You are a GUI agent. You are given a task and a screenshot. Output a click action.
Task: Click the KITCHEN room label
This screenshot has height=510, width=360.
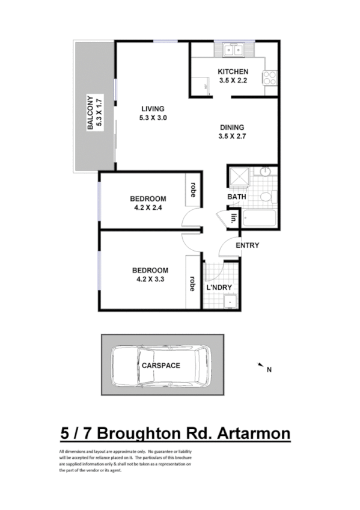[x=233, y=72]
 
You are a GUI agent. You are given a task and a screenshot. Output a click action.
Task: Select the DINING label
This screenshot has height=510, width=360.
[x=232, y=127]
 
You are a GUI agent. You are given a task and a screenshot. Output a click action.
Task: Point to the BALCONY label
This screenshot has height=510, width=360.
[x=90, y=113]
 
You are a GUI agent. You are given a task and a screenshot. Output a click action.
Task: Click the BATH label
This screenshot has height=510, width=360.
[x=237, y=197]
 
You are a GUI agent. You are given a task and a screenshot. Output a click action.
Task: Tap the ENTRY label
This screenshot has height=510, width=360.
[x=247, y=245]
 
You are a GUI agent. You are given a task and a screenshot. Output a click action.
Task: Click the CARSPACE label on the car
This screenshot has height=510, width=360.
[x=160, y=365]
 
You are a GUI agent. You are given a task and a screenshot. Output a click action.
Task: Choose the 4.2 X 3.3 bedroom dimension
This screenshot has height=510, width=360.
[x=148, y=279]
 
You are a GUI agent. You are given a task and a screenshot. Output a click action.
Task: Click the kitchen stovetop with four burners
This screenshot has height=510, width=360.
[x=269, y=78]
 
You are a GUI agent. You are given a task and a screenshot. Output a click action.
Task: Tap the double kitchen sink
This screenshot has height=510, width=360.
[x=231, y=50]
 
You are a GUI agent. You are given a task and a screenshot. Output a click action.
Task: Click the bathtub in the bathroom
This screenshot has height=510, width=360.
[x=258, y=219]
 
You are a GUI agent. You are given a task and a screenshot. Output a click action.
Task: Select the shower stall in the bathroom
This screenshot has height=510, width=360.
[x=239, y=178]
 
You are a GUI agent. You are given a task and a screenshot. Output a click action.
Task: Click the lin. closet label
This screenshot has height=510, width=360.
[x=233, y=218]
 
